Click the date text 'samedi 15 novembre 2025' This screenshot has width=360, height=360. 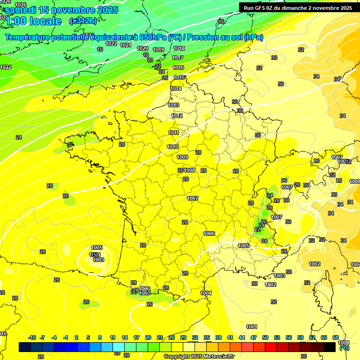click(61, 10)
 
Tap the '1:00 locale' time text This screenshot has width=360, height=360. click(34, 21)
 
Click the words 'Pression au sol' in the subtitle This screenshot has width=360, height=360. click(221, 37)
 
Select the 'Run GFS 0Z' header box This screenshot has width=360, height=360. click(298, 8)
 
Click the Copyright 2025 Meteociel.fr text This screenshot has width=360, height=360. click(199, 356)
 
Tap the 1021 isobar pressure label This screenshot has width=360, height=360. click(125, 45)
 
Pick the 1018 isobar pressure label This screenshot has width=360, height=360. click(179, 48)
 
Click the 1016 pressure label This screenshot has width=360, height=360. click(178, 68)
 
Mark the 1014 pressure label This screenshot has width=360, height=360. click(176, 89)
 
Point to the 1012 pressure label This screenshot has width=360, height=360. click(177, 116)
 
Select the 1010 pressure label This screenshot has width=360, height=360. click(172, 147)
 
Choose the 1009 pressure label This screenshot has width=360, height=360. click(182, 157)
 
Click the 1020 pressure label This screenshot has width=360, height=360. click(142, 48)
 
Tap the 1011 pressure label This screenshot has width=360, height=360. click(173, 133)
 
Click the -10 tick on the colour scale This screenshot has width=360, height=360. click(32, 337)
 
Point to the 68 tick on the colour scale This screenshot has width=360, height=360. click(336, 337)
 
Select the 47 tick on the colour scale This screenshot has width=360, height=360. click(254, 337)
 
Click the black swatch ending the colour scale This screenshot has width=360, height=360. click(330, 347)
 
